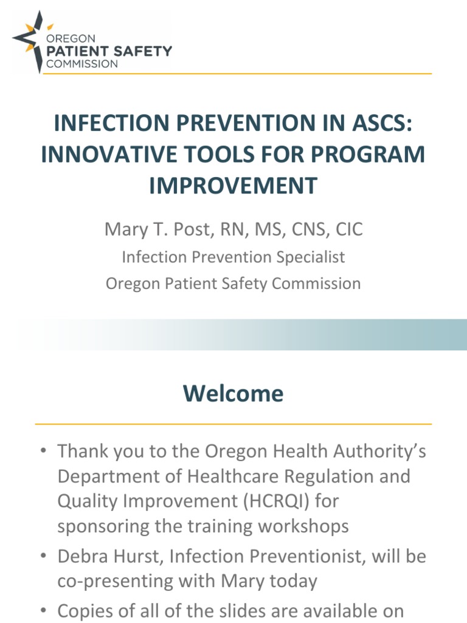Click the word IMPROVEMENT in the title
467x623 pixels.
point(233,185)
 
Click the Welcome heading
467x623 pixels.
point(233,394)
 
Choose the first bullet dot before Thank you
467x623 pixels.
point(43,452)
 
